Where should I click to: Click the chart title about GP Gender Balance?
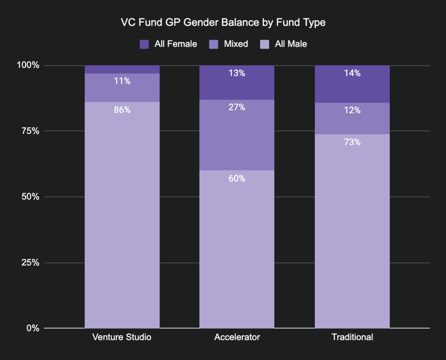coord(223,22)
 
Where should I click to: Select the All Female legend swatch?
coord(144,44)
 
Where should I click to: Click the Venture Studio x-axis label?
coord(122,337)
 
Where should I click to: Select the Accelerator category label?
coord(237,337)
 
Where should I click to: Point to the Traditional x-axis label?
coord(352,337)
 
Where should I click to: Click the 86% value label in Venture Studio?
coord(122,110)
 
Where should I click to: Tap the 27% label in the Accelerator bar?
coord(237,107)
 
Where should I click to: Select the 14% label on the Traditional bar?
coord(352,73)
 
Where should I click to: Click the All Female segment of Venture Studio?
coord(122,69)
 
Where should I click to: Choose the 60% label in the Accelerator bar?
coord(237,179)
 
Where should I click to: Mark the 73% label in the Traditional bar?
coord(352,142)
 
